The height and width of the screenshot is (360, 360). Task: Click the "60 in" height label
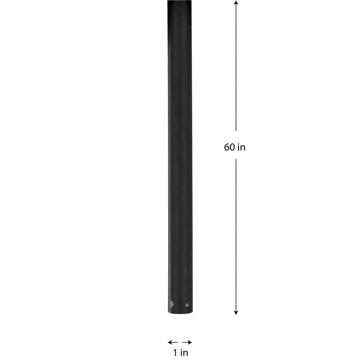point(235,147)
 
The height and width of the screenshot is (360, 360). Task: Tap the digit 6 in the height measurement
point(227,147)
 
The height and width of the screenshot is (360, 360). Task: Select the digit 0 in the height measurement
point(232,147)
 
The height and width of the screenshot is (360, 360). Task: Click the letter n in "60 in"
point(243,148)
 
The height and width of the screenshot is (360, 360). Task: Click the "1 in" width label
point(181,352)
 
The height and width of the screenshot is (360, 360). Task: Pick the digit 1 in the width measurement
point(175,352)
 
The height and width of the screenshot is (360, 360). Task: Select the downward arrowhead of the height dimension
point(236,312)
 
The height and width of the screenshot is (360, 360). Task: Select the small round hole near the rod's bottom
point(187,305)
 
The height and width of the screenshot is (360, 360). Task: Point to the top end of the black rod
point(179,3)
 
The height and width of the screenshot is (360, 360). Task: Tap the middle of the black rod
point(179,157)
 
